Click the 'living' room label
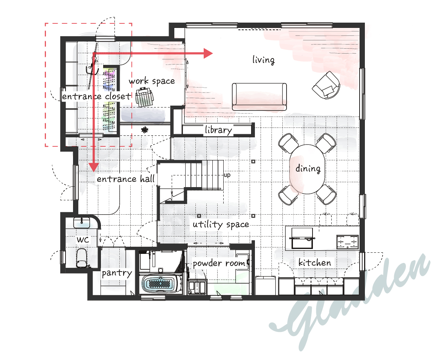click(264, 60)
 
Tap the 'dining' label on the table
click(308, 168)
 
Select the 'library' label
click(218, 130)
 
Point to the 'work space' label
click(152, 81)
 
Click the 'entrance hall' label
click(126, 179)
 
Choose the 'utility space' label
click(221, 224)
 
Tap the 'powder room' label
click(219, 263)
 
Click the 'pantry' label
click(117, 273)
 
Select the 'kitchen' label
click(314, 262)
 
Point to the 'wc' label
click(83, 240)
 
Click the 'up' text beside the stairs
click(227, 175)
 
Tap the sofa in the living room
click(259, 97)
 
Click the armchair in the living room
click(326, 85)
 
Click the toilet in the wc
click(82, 258)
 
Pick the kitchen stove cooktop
click(348, 242)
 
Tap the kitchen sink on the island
click(302, 238)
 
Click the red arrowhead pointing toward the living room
click(208, 53)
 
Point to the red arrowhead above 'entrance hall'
click(94, 167)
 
